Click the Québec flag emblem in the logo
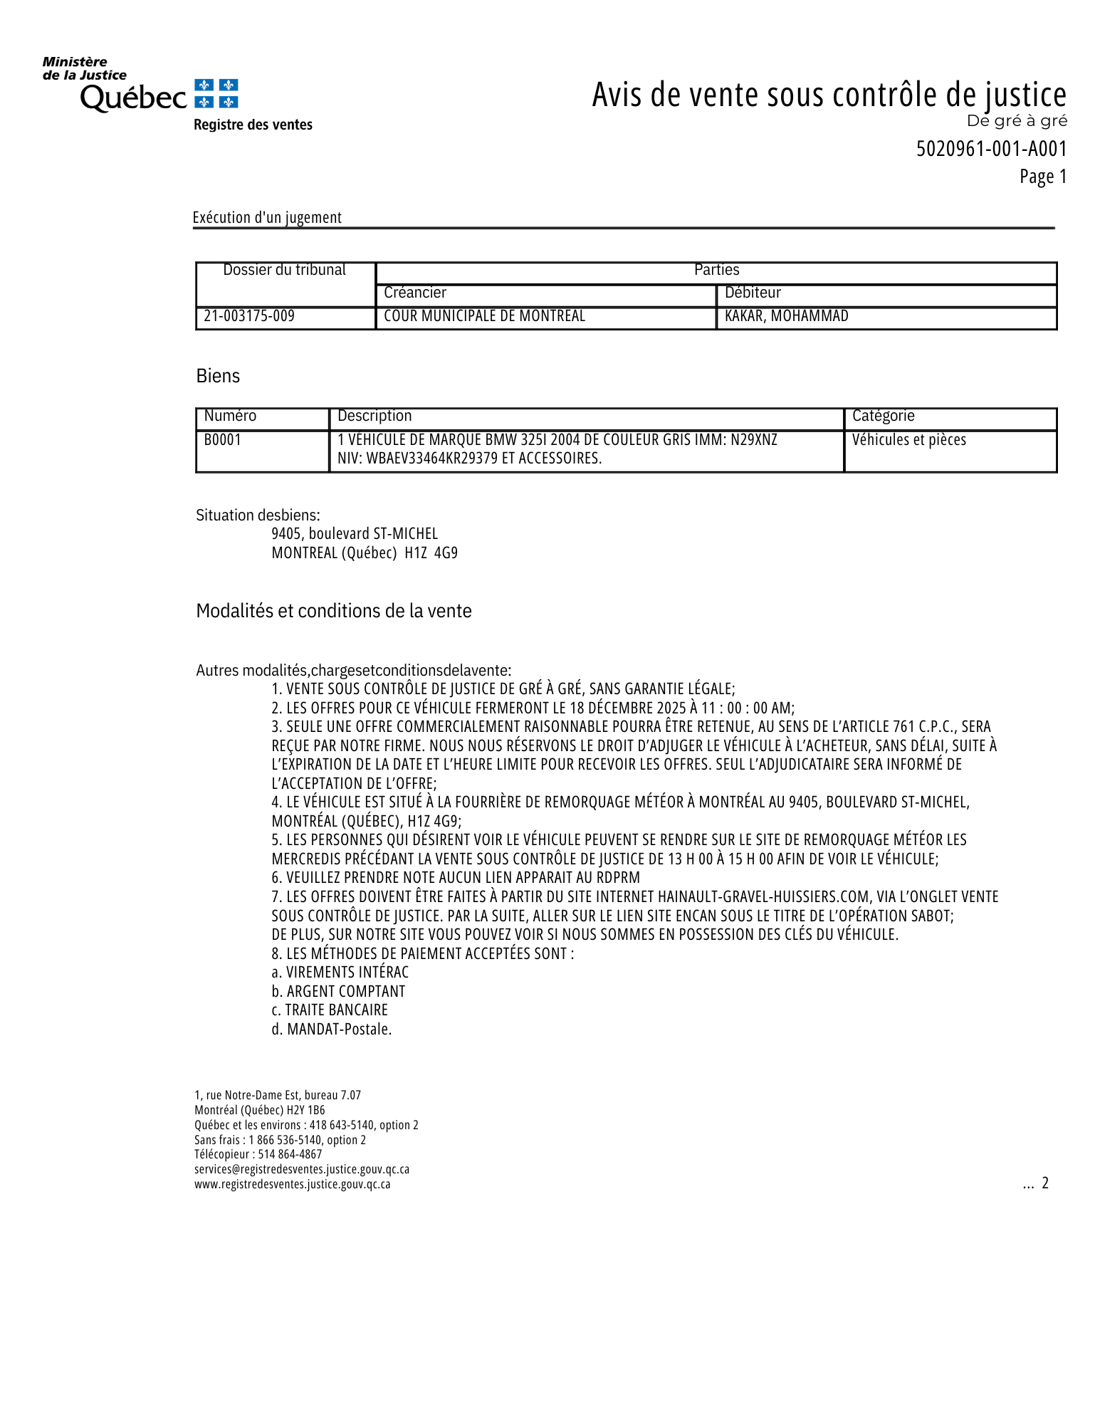[216, 94]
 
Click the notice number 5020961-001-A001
[991, 149]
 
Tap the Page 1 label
[1043, 177]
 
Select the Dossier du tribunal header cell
[284, 271]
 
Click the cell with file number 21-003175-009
[249, 316]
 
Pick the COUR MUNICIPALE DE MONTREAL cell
[484, 316]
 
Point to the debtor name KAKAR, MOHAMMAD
[786, 316]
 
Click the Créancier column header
[415, 293]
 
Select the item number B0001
[223, 440]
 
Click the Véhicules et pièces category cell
[908, 440]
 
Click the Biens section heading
[218, 376]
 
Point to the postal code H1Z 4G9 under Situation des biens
[431, 553]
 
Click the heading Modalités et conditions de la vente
[333, 611]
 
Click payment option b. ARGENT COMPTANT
[338, 992]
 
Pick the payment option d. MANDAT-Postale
[331, 1030]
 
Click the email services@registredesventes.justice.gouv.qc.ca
[302, 1169]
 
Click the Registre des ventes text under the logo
[253, 125]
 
